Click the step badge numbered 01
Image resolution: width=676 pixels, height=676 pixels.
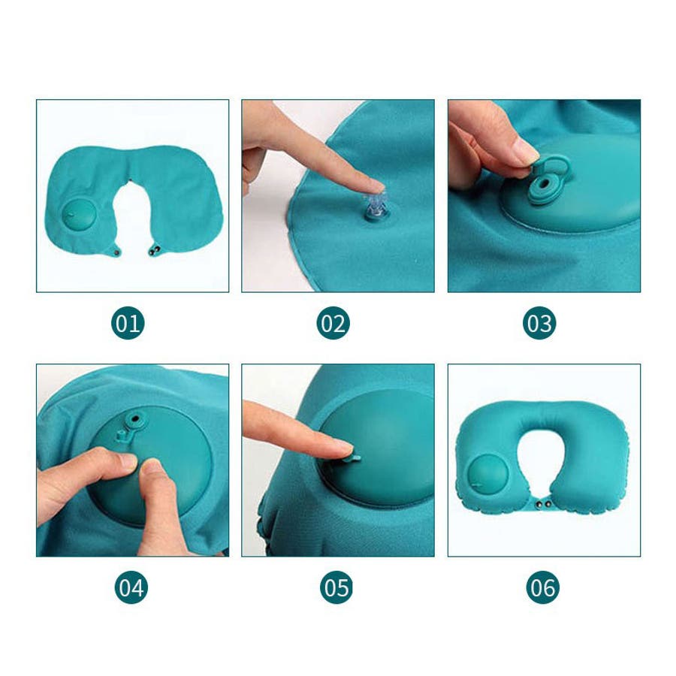128,323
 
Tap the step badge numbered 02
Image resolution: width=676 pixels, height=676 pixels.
333,323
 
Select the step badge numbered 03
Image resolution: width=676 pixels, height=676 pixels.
539,323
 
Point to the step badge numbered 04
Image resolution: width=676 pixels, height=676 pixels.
131,587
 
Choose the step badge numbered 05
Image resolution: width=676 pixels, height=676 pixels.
336,587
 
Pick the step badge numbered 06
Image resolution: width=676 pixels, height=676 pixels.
543,587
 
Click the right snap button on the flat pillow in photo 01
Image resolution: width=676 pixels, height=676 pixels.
154,250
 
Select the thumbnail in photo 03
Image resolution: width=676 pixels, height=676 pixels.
526,152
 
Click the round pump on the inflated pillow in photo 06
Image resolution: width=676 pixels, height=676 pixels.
484,473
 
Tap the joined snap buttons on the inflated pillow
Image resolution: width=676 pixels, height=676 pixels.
543,503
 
